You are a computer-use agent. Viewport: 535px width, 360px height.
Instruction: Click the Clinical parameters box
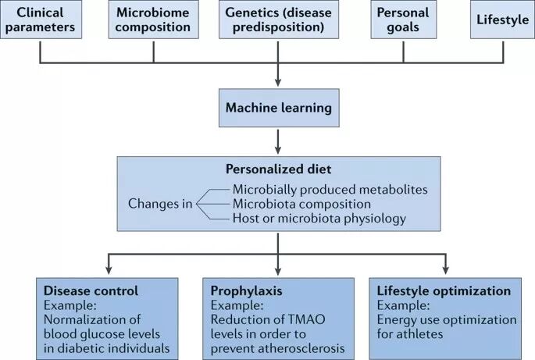point(40,20)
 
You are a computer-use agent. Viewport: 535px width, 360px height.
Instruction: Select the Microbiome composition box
point(153,20)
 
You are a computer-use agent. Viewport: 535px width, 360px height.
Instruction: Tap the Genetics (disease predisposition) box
point(279,20)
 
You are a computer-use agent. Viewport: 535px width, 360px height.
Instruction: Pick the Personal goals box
point(403,20)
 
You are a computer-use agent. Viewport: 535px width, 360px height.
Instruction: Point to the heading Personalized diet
point(278,169)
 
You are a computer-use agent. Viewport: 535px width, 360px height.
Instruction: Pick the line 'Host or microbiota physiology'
point(319,219)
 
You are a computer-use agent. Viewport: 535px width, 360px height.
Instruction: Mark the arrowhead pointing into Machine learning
point(278,84)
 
